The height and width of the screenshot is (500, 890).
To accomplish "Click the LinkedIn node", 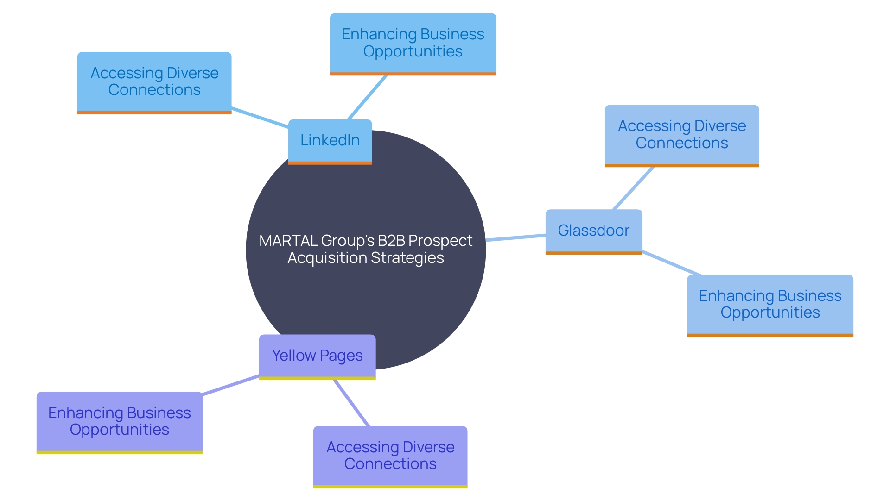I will [330, 140].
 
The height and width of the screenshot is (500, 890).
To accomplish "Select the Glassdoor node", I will [593, 231].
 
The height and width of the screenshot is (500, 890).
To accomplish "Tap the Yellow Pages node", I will [317, 356].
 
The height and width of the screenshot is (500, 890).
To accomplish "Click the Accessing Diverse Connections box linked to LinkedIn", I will [154, 81].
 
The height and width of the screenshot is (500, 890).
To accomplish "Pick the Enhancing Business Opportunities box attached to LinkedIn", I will [413, 43].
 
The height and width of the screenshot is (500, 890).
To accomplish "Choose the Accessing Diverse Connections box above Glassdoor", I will [681, 134].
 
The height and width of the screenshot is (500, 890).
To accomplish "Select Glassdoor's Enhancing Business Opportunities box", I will [769, 304].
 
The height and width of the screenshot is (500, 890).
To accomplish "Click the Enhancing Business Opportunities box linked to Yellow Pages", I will [120, 421].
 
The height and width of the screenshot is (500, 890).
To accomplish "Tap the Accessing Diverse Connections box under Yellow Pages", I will [390, 456].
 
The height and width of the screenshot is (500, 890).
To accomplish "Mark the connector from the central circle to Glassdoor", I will [515, 238].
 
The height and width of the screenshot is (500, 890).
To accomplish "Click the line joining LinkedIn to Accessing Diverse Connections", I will [260, 117].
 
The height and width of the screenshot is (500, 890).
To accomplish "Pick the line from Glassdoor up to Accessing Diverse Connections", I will [633, 188].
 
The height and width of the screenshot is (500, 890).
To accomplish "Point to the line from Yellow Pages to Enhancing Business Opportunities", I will [230, 385].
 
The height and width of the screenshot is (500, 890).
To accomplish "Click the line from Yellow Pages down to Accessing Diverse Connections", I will [351, 403].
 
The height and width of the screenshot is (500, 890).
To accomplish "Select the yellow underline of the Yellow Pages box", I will [317, 378].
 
